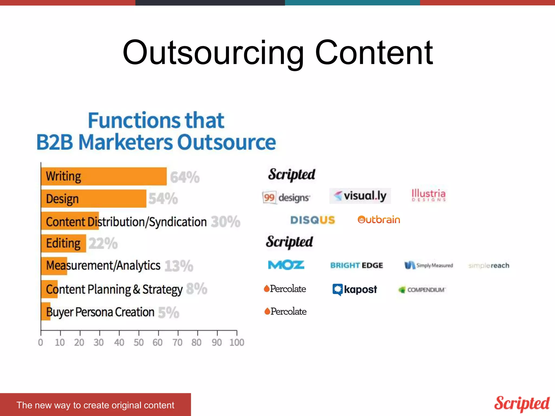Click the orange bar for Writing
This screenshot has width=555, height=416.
tap(104, 176)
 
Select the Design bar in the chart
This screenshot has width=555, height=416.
tap(93, 199)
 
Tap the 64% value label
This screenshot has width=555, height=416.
tap(185, 178)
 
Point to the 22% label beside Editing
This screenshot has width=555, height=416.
tap(103, 243)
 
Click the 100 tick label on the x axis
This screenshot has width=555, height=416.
tap(237, 343)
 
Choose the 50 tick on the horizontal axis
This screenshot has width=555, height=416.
tap(138, 343)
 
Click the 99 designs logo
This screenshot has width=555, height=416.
tap(286, 197)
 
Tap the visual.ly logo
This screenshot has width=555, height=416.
tap(360, 196)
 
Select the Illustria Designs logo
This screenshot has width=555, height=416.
tap(428, 195)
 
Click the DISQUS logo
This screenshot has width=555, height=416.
tap(313, 220)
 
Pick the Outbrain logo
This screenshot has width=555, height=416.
tap(379, 220)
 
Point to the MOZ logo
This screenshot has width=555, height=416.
tap(286, 265)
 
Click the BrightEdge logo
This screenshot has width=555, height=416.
tap(357, 265)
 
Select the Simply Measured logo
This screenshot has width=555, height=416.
tap(429, 265)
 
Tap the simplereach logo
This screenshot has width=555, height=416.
tap(489, 266)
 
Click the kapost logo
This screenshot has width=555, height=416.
tap(355, 290)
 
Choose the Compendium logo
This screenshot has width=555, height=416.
tap(422, 290)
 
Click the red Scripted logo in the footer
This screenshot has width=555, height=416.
tap(522, 404)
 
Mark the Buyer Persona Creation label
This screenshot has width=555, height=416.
tap(100, 312)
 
